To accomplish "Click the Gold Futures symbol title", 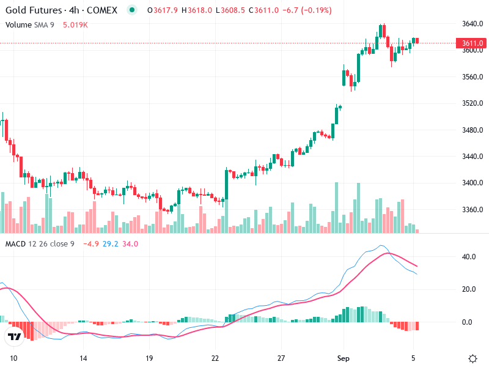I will [61, 10].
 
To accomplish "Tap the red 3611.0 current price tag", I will [472, 43].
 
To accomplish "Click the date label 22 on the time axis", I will [215, 358].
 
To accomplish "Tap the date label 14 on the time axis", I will [84, 358].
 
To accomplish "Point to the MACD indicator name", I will [17, 243].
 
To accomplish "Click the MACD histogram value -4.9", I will [92, 243].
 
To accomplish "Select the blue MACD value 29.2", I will [111, 243].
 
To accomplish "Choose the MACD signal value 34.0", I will [130, 243].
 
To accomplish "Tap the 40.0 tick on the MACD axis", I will [469, 257].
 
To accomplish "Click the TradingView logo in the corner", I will [14, 337].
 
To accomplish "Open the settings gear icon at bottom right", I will [472, 358].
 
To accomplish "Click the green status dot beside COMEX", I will [132, 10].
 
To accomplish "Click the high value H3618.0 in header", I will [197, 10].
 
